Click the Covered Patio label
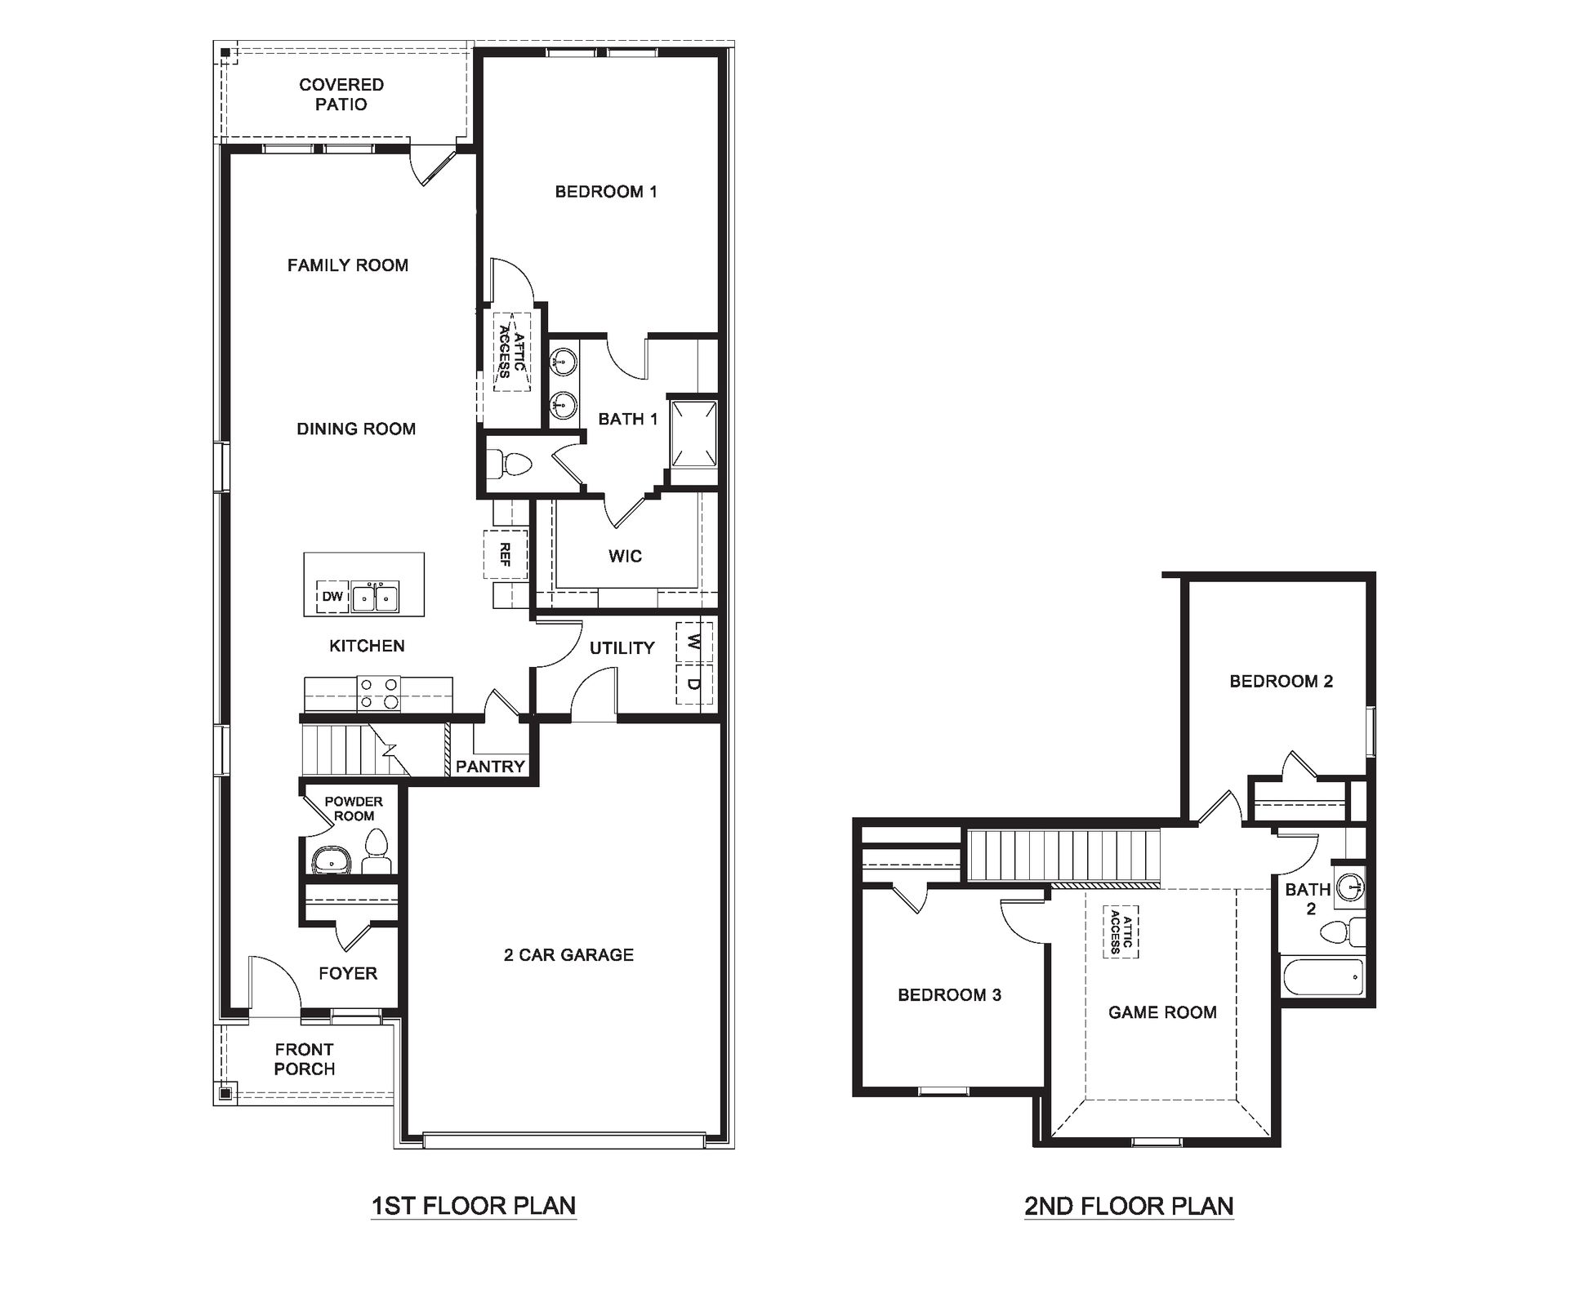point(341,95)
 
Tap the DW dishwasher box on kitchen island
point(332,597)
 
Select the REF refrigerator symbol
point(506,555)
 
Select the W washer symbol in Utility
point(694,643)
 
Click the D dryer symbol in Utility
point(694,684)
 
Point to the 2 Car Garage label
point(568,954)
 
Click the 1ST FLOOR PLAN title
point(474,1206)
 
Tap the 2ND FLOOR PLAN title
point(1129,1206)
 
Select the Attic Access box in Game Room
point(1121,931)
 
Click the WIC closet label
point(625,557)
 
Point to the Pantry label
point(490,767)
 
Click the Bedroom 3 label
point(949,995)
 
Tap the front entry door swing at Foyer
point(274,984)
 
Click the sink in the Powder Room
point(331,860)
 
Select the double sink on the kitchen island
point(375,598)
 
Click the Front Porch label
point(305,1059)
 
